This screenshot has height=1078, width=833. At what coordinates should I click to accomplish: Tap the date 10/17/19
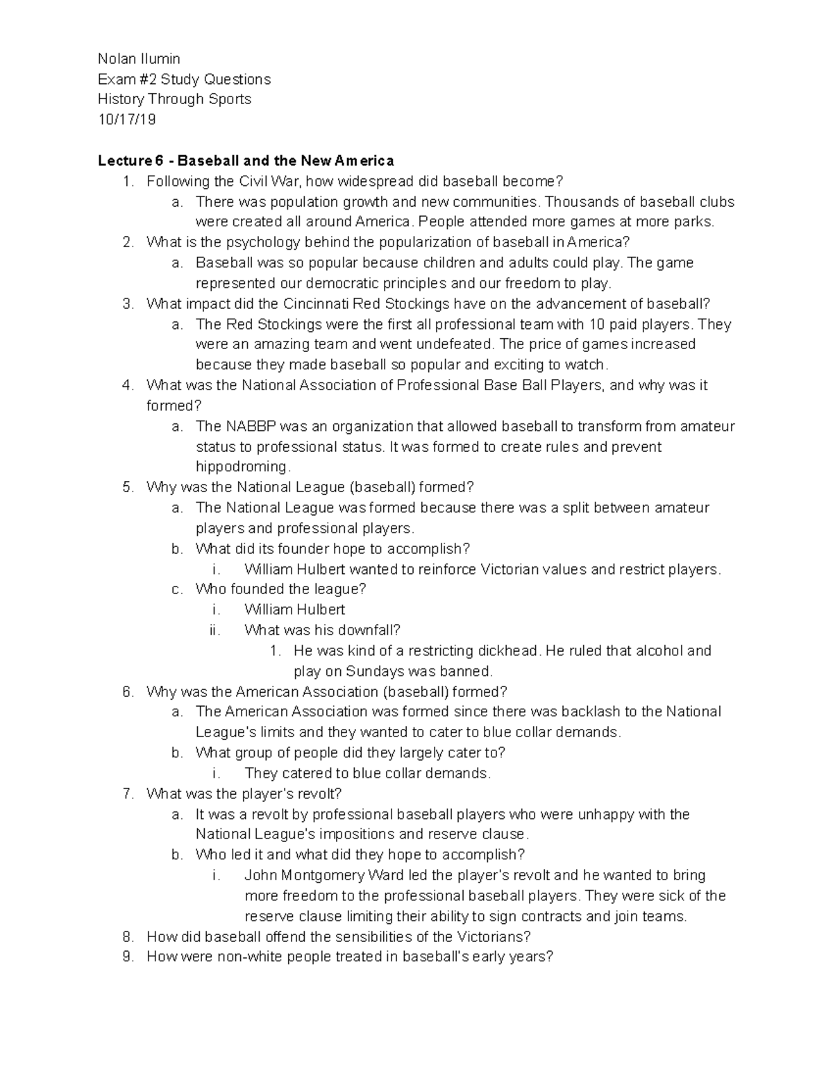click(x=127, y=119)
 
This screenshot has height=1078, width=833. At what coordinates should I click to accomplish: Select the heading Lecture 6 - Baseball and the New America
click(x=246, y=161)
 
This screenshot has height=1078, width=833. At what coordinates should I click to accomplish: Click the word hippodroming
click(x=241, y=466)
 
